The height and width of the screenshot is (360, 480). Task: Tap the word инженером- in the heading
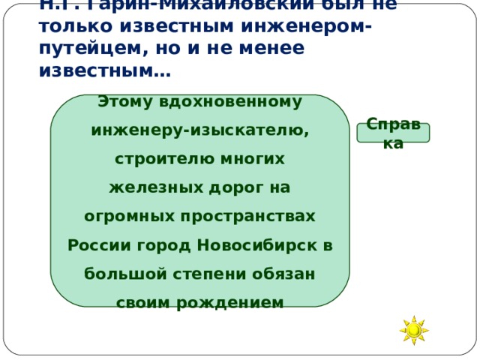coord(311,27)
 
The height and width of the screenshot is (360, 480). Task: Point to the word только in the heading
coord(70,27)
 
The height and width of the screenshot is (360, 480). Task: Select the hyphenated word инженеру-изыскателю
coord(199,130)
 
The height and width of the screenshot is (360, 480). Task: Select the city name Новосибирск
coord(258,245)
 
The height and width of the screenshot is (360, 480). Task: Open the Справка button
coord(393,133)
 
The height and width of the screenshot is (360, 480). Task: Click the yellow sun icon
coord(413,330)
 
